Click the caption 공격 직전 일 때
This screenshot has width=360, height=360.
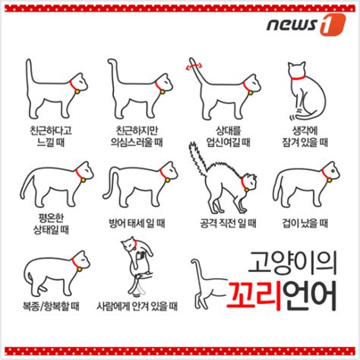pyautogui.click(x=226, y=223)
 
